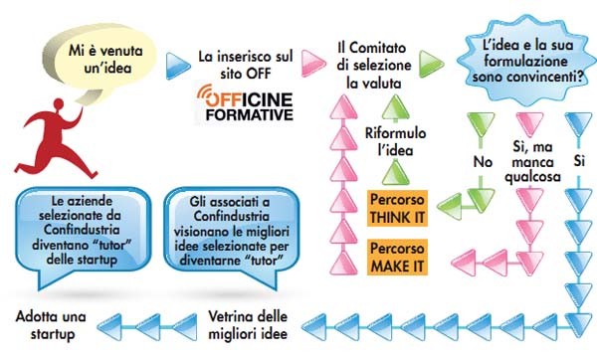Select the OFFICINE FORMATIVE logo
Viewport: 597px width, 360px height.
(x=244, y=102)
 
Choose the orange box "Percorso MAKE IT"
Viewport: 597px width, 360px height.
(x=396, y=257)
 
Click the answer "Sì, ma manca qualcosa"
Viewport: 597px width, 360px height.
(x=528, y=161)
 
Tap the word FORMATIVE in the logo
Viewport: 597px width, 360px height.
(x=244, y=113)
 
